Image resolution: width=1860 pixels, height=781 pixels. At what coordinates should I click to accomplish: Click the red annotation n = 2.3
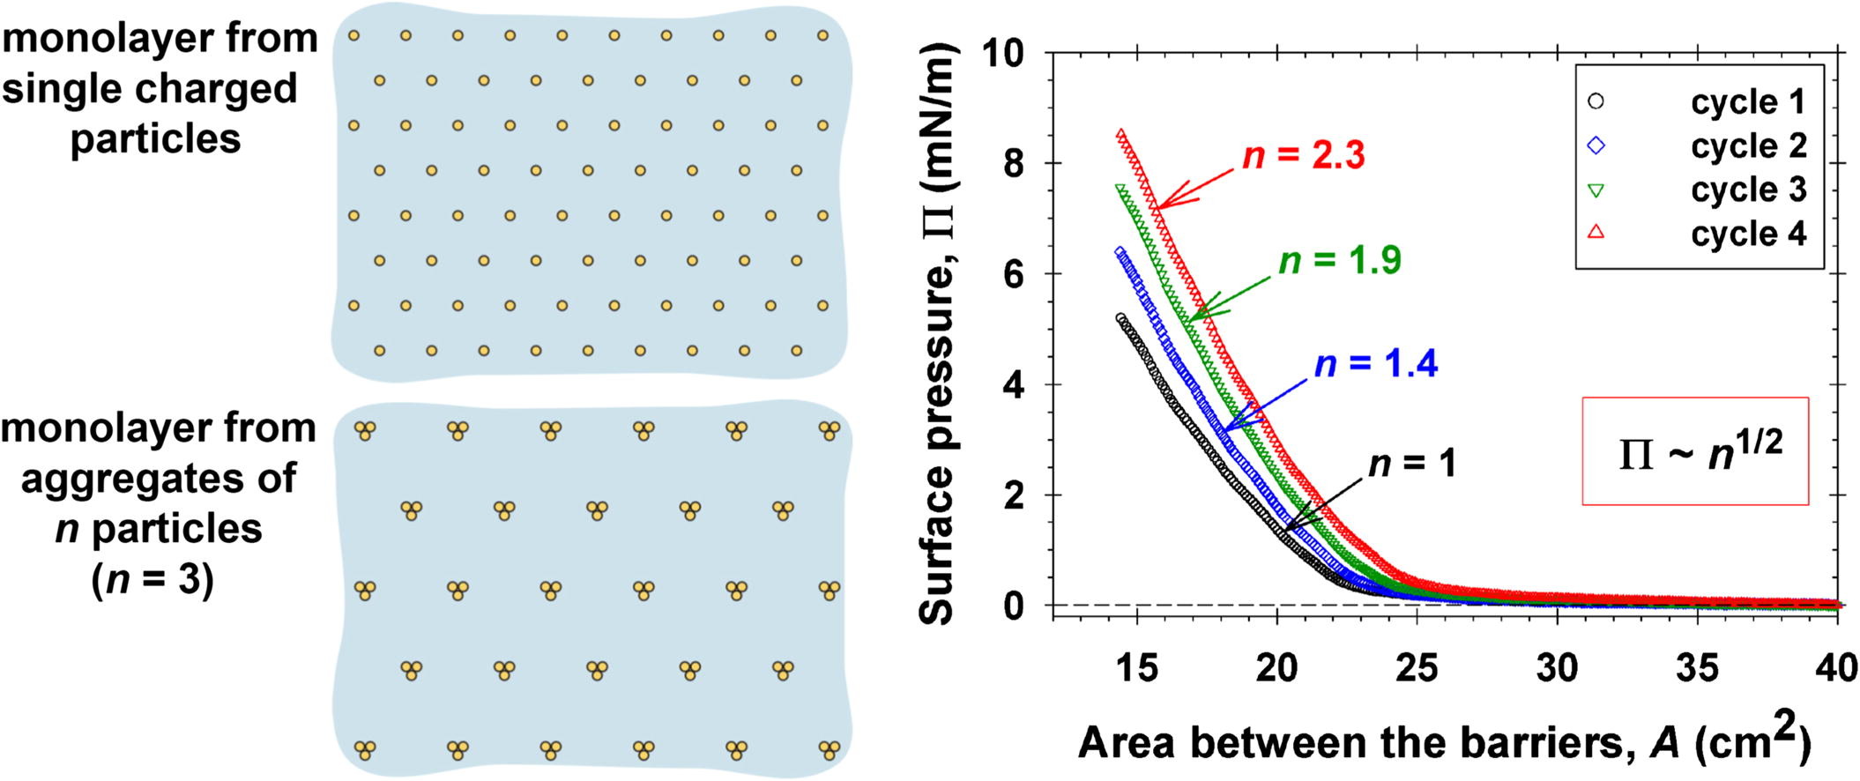(x=1303, y=156)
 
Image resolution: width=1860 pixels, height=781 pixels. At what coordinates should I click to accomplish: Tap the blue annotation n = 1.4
(x=1375, y=364)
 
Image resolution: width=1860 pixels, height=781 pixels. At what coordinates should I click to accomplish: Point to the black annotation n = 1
(x=1411, y=464)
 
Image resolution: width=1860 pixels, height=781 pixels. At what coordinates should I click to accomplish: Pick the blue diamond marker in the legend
(x=1596, y=146)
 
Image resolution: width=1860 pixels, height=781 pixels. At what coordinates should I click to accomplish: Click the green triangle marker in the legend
(x=1596, y=190)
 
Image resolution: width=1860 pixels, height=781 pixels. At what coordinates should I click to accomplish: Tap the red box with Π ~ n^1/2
(x=1694, y=451)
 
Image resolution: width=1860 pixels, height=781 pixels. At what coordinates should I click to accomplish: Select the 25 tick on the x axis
(x=1417, y=668)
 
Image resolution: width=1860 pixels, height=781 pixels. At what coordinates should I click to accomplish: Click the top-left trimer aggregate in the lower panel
(x=365, y=431)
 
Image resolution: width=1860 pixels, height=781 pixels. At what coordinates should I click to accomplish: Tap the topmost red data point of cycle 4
(x=1120, y=135)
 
